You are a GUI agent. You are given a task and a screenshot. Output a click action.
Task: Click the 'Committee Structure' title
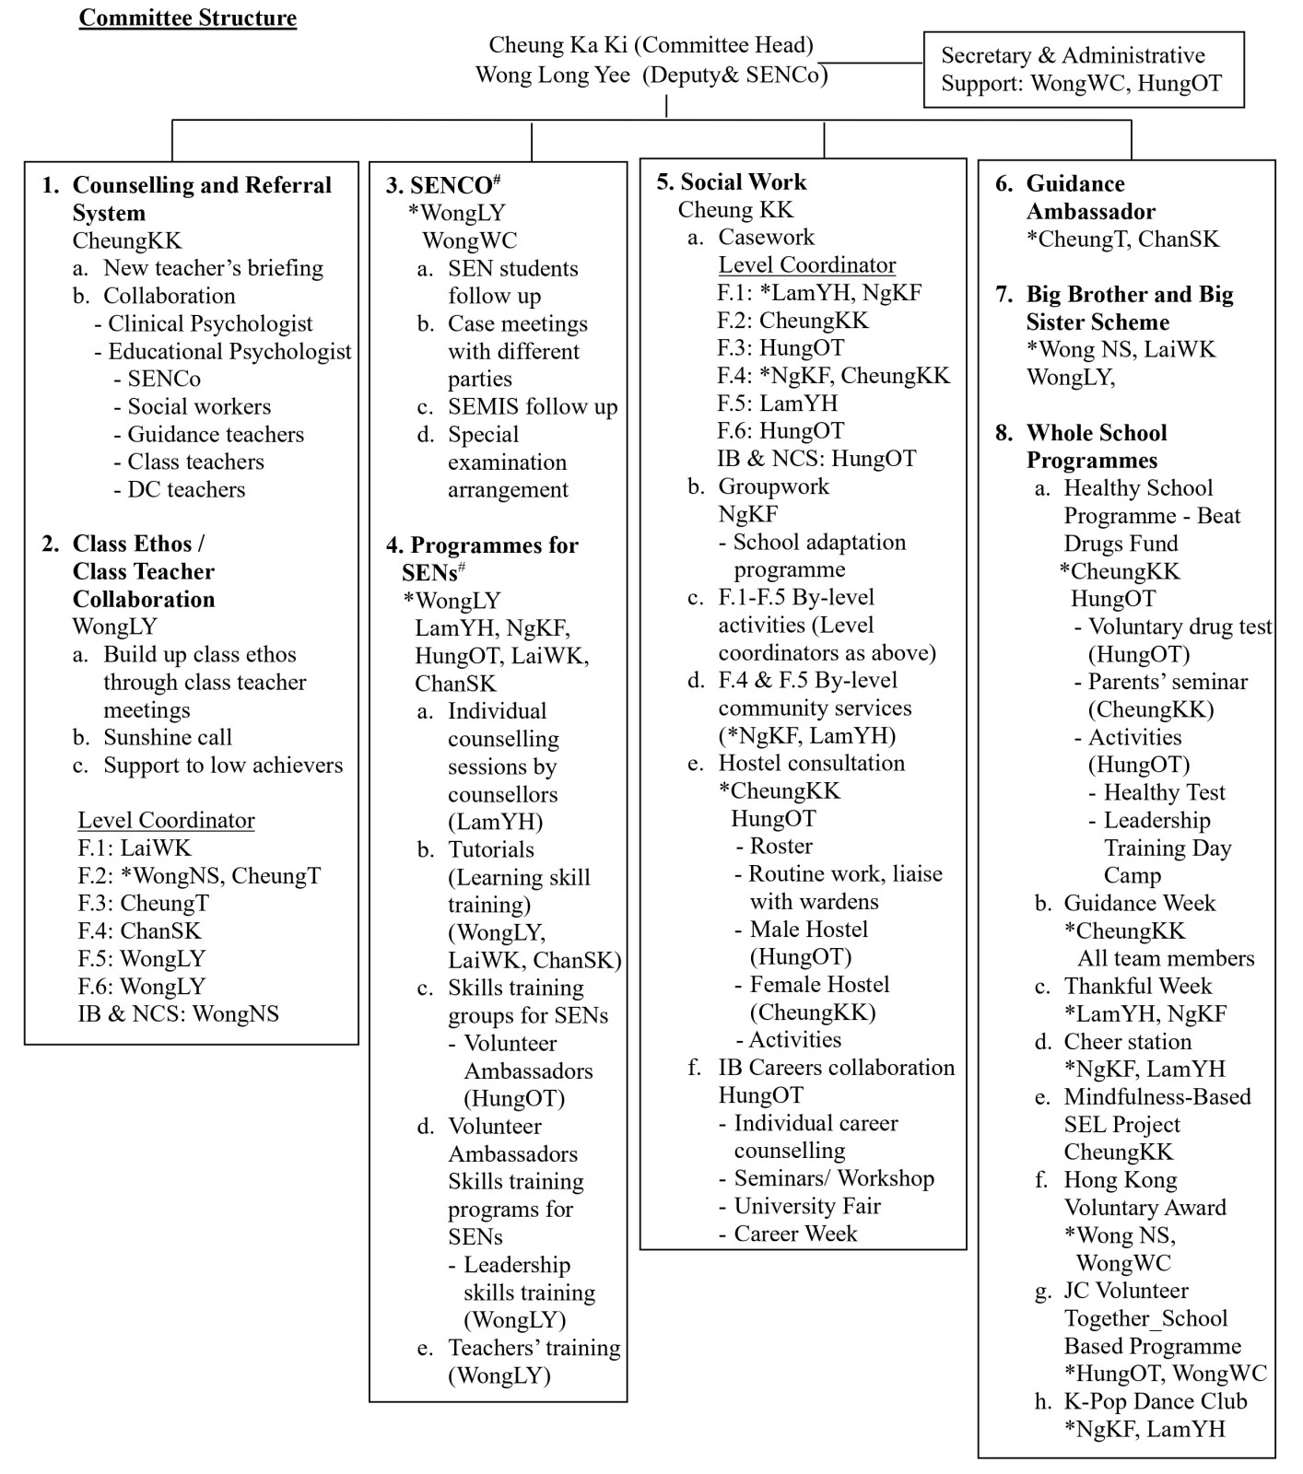pyautogui.click(x=187, y=18)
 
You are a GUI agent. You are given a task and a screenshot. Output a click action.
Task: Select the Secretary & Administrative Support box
pyautogui.click(x=1083, y=70)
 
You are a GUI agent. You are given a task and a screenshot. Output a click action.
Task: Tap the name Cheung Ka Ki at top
pyautogui.click(x=558, y=44)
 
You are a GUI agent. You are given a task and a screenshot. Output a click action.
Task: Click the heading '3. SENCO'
pyautogui.click(x=442, y=185)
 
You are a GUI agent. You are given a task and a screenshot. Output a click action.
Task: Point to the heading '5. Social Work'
pyautogui.click(x=731, y=181)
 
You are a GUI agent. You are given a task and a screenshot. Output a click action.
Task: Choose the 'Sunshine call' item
pyautogui.click(x=167, y=737)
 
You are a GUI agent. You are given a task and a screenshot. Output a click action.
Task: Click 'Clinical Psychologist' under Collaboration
pyautogui.click(x=210, y=323)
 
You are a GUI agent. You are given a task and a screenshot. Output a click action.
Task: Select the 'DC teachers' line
pyautogui.click(x=186, y=489)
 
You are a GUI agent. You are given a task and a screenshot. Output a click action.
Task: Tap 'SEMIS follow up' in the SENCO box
pyautogui.click(x=533, y=406)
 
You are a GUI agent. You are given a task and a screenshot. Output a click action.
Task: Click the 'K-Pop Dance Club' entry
pyautogui.click(x=1155, y=1401)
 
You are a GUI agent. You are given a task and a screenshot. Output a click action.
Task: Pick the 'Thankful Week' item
pyautogui.click(x=1137, y=986)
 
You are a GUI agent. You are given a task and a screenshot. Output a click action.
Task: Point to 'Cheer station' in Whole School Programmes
pyautogui.click(x=1127, y=1041)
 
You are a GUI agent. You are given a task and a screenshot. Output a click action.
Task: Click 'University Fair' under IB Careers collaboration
pyautogui.click(x=806, y=1206)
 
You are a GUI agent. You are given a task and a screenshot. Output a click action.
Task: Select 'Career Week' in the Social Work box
pyautogui.click(x=795, y=1234)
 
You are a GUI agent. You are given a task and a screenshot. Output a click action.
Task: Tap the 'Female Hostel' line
pyautogui.click(x=819, y=984)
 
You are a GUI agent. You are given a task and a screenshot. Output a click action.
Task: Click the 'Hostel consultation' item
pyautogui.click(x=811, y=763)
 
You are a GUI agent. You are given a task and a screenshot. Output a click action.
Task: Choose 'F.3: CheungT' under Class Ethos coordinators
pyautogui.click(x=143, y=903)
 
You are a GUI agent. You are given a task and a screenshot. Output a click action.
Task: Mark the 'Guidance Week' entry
pyautogui.click(x=1139, y=903)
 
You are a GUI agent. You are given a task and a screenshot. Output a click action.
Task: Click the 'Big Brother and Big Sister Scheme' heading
pyautogui.click(x=1129, y=308)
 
